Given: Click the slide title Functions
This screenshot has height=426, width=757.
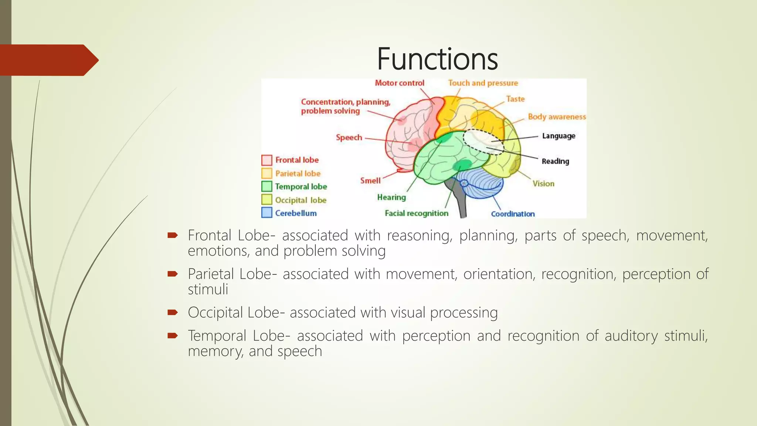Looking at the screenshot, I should (x=437, y=59).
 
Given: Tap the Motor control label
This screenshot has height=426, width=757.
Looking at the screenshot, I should (x=400, y=83).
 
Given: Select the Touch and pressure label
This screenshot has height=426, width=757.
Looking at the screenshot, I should (x=483, y=83).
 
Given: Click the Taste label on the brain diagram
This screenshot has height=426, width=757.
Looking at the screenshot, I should (x=515, y=99).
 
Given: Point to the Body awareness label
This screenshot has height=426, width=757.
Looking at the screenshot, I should (x=557, y=117).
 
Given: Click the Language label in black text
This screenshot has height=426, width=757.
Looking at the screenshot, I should (x=559, y=136).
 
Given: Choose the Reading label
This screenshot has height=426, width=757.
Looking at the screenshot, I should (x=555, y=161).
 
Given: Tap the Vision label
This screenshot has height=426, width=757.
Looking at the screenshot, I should (x=543, y=184).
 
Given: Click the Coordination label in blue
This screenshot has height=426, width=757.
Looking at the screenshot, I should (x=513, y=214).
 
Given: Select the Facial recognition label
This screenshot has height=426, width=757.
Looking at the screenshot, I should (x=416, y=213).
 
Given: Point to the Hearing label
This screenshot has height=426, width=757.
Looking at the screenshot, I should (x=391, y=197).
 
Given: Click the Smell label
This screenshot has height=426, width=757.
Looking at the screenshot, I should (x=370, y=181).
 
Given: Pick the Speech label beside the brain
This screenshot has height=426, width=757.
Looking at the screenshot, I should (x=349, y=138).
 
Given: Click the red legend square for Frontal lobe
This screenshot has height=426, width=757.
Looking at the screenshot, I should (x=267, y=160).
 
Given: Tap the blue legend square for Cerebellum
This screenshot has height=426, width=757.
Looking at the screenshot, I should (x=267, y=213).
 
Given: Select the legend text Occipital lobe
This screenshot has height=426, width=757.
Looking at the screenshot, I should (x=301, y=200).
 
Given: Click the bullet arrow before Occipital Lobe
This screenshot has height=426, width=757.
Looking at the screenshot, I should (x=173, y=312).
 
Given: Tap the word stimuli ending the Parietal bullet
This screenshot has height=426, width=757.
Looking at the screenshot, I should (x=208, y=290).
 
